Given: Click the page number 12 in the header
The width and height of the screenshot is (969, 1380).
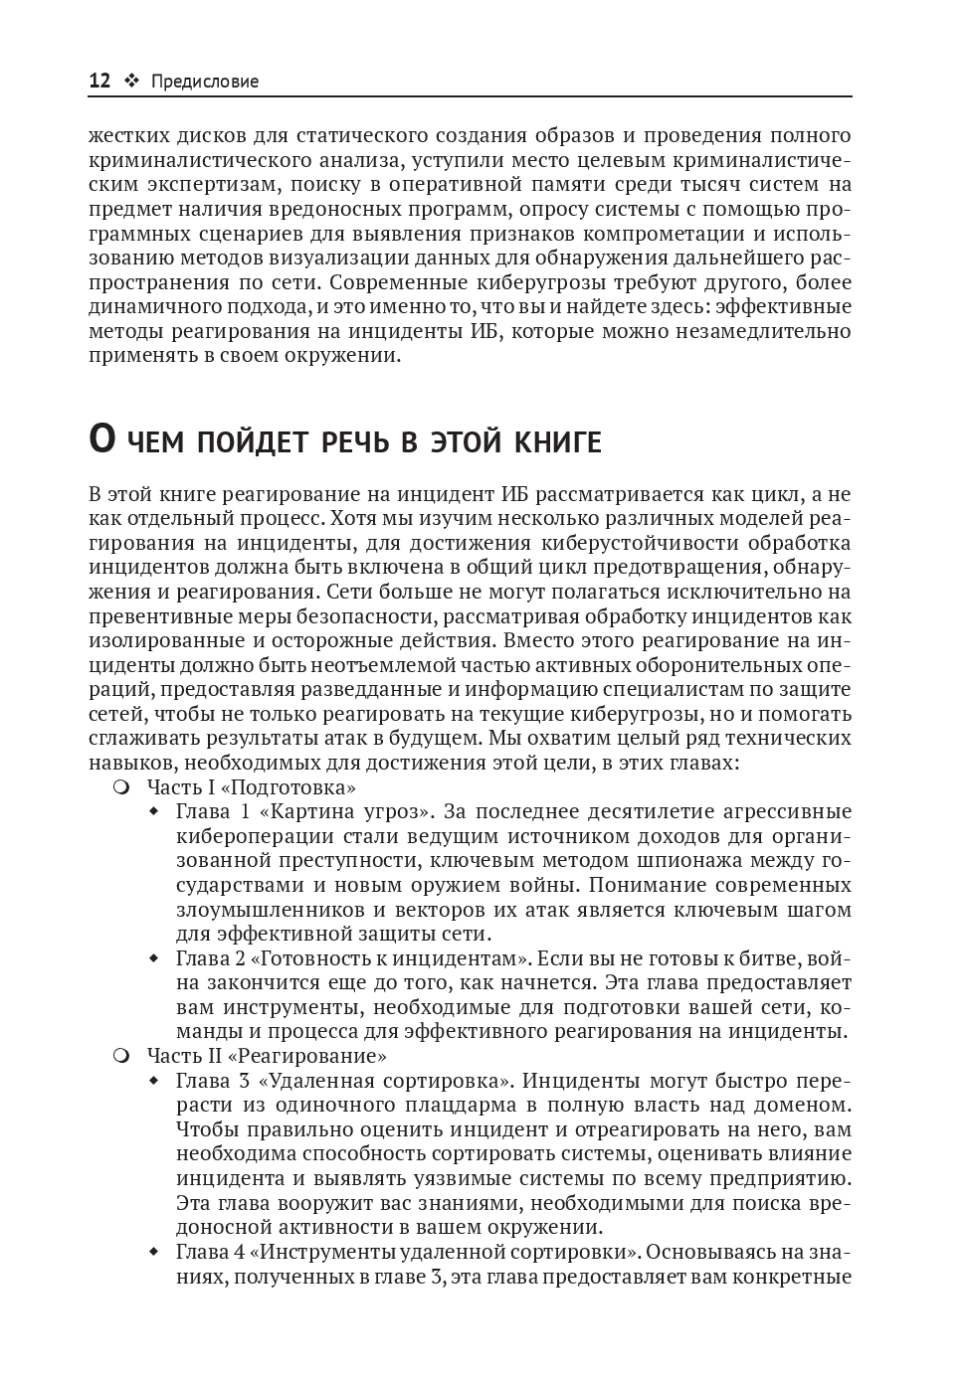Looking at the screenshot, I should [x=99, y=82].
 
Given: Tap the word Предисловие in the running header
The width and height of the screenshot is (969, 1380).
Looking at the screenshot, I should [x=205, y=82].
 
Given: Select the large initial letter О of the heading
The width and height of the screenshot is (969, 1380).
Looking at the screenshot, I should [x=102, y=438].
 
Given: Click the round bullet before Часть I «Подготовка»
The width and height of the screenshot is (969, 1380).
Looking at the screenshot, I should [x=121, y=787].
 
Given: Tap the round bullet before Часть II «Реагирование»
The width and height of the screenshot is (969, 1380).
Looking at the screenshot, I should [x=121, y=1056].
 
